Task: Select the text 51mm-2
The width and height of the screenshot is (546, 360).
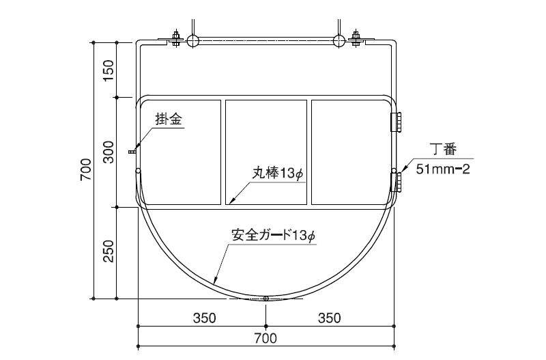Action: pyautogui.click(x=443, y=169)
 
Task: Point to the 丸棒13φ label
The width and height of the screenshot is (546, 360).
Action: pyautogui.click(x=275, y=174)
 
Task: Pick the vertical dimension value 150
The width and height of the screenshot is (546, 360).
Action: pyautogui.click(x=109, y=70)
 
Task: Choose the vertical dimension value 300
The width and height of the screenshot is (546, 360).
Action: pyautogui.click(x=109, y=152)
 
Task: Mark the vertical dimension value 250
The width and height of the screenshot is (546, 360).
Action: pyautogui.click(x=109, y=253)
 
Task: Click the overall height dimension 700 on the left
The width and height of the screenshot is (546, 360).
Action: pyautogui.click(x=85, y=170)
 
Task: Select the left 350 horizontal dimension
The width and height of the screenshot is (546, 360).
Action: pyautogui.click(x=204, y=318)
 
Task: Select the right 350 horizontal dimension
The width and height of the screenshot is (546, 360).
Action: pyautogui.click(x=329, y=318)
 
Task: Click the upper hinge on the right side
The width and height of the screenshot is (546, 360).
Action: pyautogui.click(x=396, y=122)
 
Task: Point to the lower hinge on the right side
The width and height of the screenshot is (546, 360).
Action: pyautogui.click(x=396, y=182)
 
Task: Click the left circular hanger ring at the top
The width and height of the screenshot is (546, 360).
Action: pyautogui.click(x=192, y=41)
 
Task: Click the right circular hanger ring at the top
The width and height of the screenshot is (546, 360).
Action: pyautogui.click(x=339, y=41)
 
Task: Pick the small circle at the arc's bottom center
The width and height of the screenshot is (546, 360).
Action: pyautogui.click(x=265, y=299)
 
